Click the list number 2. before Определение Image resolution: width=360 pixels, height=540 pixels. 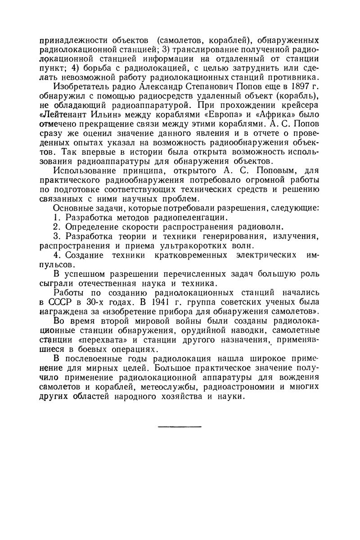[x=57, y=227]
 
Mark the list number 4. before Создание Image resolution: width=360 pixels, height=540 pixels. [x=57, y=255]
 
